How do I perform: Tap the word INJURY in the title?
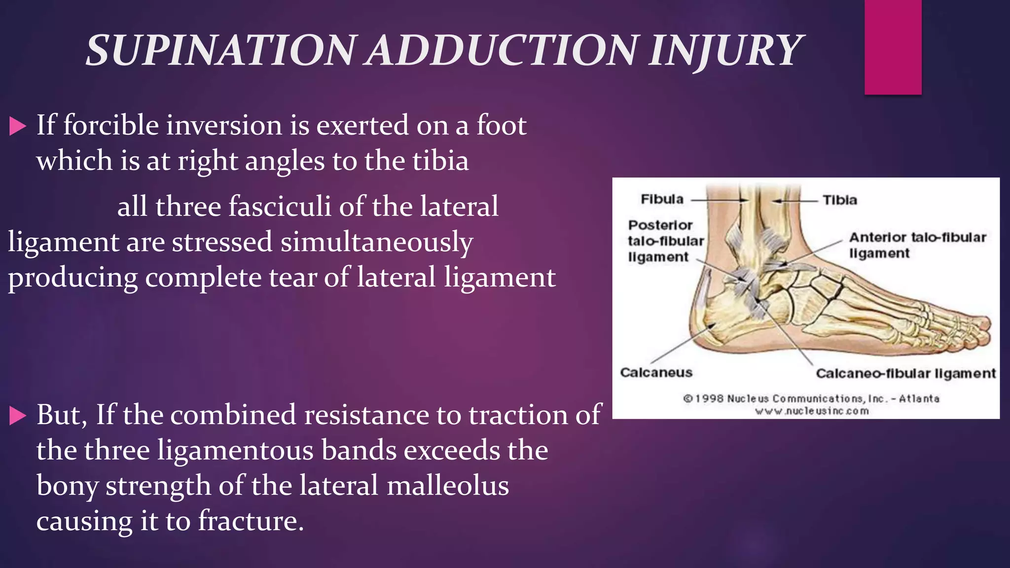pyautogui.click(x=725, y=51)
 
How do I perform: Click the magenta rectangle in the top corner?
pyautogui.click(x=893, y=47)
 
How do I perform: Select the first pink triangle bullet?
pyautogui.click(x=17, y=126)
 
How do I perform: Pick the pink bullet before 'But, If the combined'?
pyautogui.click(x=17, y=416)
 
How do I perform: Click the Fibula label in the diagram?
pyautogui.click(x=662, y=199)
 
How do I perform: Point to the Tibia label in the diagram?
pyautogui.click(x=839, y=200)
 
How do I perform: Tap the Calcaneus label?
pyautogui.click(x=656, y=372)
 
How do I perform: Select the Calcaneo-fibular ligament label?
pyautogui.click(x=905, y=373)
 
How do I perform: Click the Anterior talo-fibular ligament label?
pyautogui.click(x=917, y=245)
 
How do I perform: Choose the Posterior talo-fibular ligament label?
pyautogui.click(x=665, y=241)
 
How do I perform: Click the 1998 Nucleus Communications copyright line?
pyautogui.click(x=811, y=398)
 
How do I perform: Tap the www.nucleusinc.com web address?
pyautogui.click(x=812, y=411)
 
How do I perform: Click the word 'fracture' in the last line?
pyautogui.click(x=251, y=521)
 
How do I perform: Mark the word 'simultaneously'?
pyautogui.click(x=377, y=242)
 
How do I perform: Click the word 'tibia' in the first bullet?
pyautogui.click(x=440, y=161)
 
